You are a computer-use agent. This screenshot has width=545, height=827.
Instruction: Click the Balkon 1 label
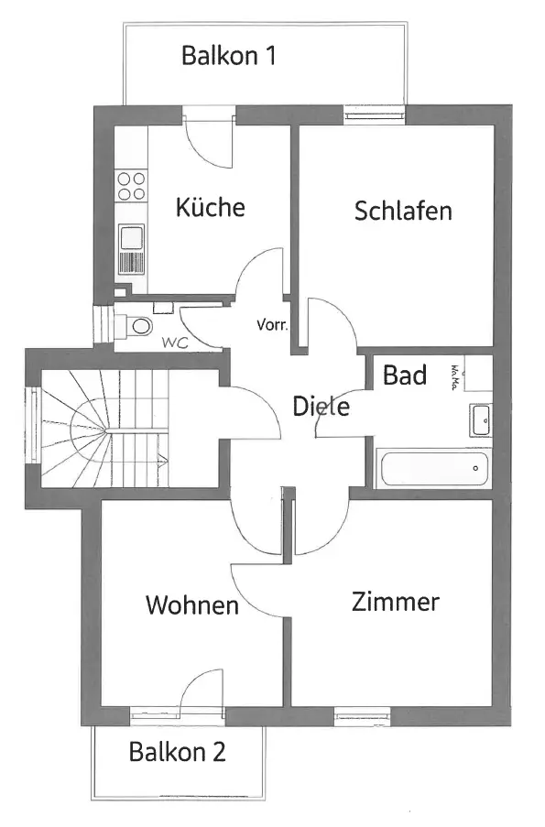coord(228,55)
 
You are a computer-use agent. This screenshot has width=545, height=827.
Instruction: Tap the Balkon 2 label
coord(178,752)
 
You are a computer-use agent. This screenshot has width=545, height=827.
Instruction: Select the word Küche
coord(210,206)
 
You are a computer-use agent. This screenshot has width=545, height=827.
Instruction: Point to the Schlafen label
coord(403,211)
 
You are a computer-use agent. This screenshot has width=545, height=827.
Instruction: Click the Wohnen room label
coord(192,605)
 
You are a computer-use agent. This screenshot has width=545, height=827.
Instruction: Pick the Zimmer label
coord(395,602)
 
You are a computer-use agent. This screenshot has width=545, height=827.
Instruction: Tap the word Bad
coord(405,375)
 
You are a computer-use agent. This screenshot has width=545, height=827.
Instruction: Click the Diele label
coord(321,406)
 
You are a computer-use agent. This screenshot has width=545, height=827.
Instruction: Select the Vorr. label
coord(272,324)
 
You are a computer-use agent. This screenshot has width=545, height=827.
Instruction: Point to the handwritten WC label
coord(175,343)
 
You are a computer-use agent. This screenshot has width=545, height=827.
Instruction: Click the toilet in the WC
coord(134,325)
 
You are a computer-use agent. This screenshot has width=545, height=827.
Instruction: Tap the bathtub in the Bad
coord(433,468)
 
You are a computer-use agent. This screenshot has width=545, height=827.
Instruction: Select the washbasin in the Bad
coord(481,420)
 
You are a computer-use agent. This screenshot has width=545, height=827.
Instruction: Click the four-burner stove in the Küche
coord(131,186)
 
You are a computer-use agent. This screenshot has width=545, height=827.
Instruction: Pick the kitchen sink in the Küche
coord(131,249)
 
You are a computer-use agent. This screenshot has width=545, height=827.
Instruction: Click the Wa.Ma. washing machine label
coord(453,377)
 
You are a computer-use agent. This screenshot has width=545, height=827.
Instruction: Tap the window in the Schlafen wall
coord(375,114)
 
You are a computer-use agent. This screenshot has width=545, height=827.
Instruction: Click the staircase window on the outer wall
coord(33,425)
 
